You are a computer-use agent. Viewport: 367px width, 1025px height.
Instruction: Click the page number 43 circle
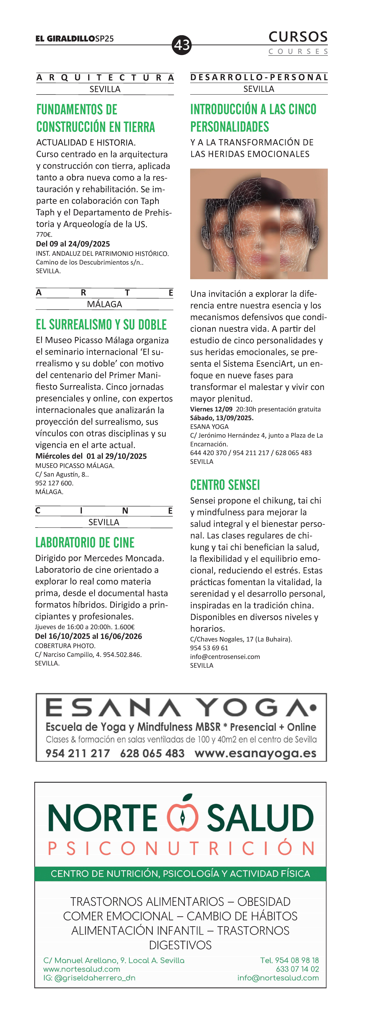point(182,45)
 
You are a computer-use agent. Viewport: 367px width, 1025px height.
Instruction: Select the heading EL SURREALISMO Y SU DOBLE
point(101,325)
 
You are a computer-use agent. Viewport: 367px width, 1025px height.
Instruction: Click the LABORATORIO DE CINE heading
point(85,542)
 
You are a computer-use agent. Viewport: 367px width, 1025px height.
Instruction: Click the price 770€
point(44,234)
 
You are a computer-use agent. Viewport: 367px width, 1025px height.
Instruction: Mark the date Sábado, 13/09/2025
point(221,418)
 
